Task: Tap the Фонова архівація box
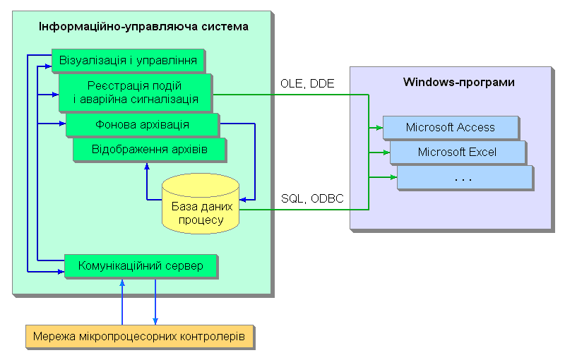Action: click(141, 125)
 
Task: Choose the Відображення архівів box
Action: click(149, 150)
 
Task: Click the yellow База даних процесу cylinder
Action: click(201, 205)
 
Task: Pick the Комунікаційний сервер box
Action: click(141, 266)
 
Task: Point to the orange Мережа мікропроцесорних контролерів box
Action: click(138, 337)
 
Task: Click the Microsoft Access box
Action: click(450, 128)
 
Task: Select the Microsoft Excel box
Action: click(457, 152)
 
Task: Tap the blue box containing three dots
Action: click(463, 177)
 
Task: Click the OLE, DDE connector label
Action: click(307, 84)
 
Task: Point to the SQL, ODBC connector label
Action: click(312, 199)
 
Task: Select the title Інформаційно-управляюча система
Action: click(143, 28)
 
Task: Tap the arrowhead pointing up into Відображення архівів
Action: click(146, 167)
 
